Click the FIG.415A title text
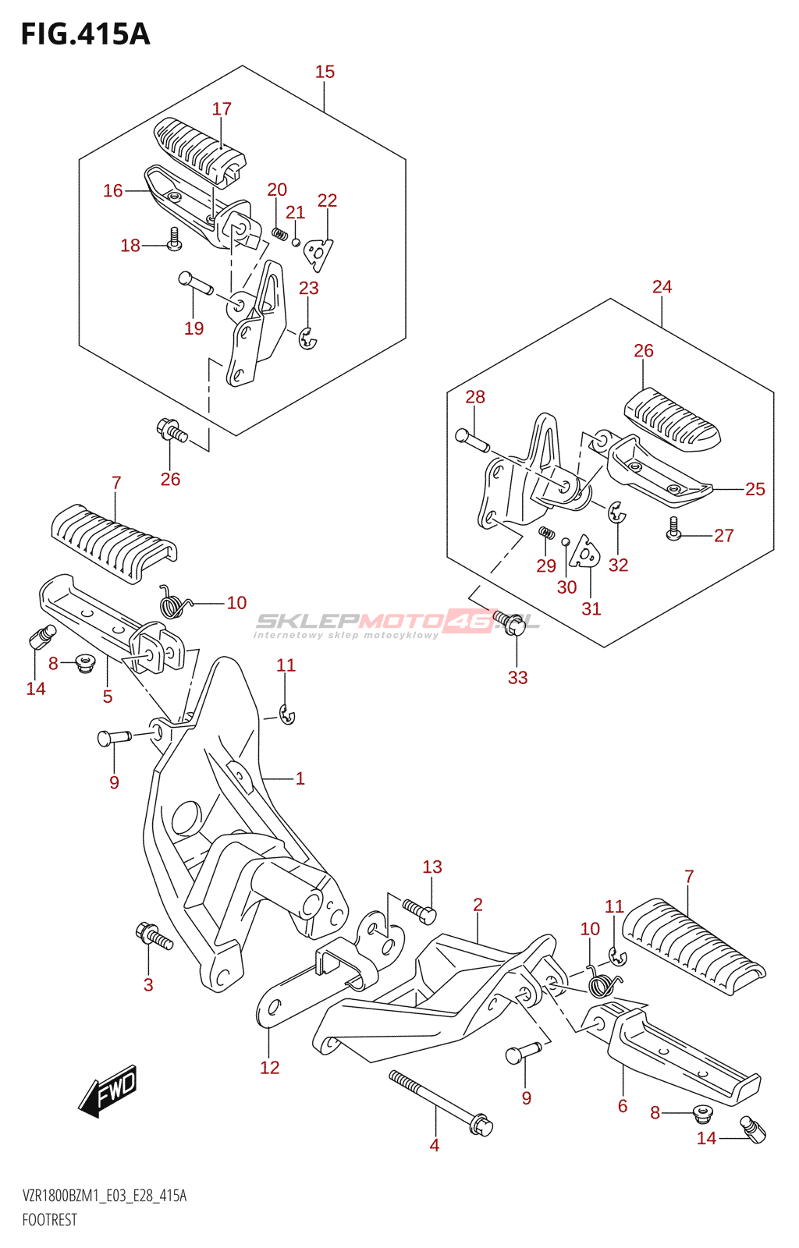tap(85, 34)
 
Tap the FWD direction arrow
tap(108, 1089)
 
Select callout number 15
tap(325, 72)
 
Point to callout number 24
tap(662, 286)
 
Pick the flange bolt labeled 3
tap(154, 935)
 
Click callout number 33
tap(517, 677)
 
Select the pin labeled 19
tap(195, 282)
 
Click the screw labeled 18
tap(174, 239)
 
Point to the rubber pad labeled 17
tap(199, 151)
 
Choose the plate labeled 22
tap(318, 253)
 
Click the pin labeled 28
tap(471, 439)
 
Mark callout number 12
tap(269, 1067)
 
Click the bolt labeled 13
tap(420, 910)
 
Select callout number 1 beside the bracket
tap(300, 778)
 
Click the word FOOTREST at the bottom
tap(50, 1220)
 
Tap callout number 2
tap(478, 904)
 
